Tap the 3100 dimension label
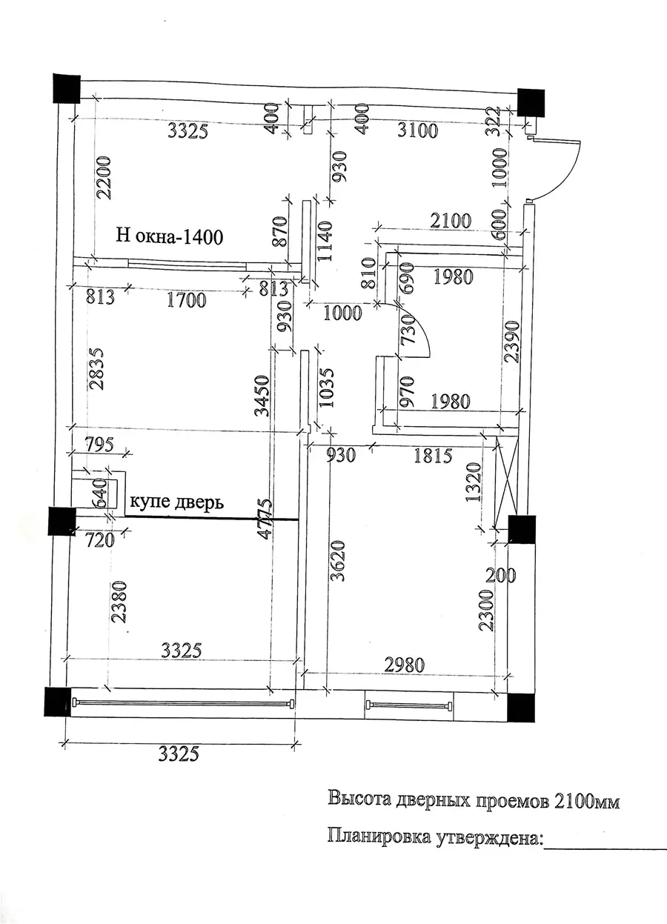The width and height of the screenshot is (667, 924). (417, 130)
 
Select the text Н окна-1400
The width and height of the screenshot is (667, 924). (170, 237)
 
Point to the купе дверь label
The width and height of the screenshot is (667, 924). (177, 502)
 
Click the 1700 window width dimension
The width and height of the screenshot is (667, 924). (187, 300)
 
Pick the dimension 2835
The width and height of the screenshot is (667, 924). (97, 369)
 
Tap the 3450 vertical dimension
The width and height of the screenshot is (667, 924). (262, 396)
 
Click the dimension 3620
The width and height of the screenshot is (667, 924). (338, 561)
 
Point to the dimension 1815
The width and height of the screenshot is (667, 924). (433, 456)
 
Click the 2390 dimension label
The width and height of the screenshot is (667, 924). (513, 342)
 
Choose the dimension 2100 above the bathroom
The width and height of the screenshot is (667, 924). (451, 221)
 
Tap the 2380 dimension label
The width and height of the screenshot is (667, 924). (119, 602)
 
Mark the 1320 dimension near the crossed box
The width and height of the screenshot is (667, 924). (474, 482)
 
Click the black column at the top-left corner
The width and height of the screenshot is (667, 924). (67, 89)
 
